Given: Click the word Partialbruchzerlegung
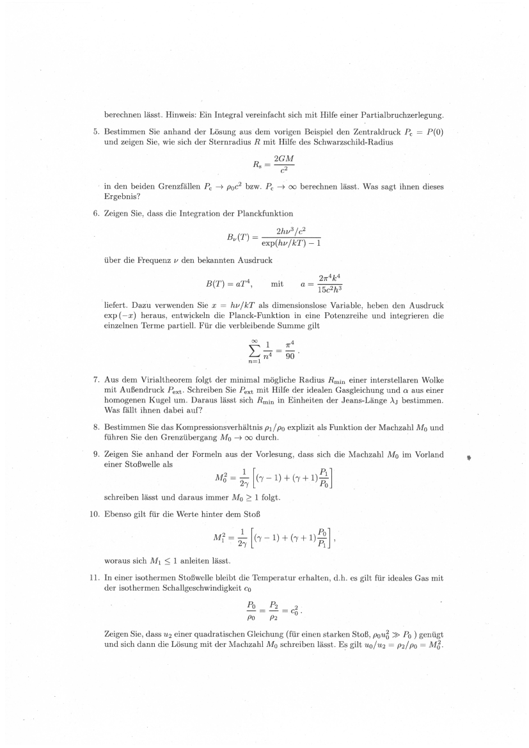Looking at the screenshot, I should (x=395, y=115).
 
